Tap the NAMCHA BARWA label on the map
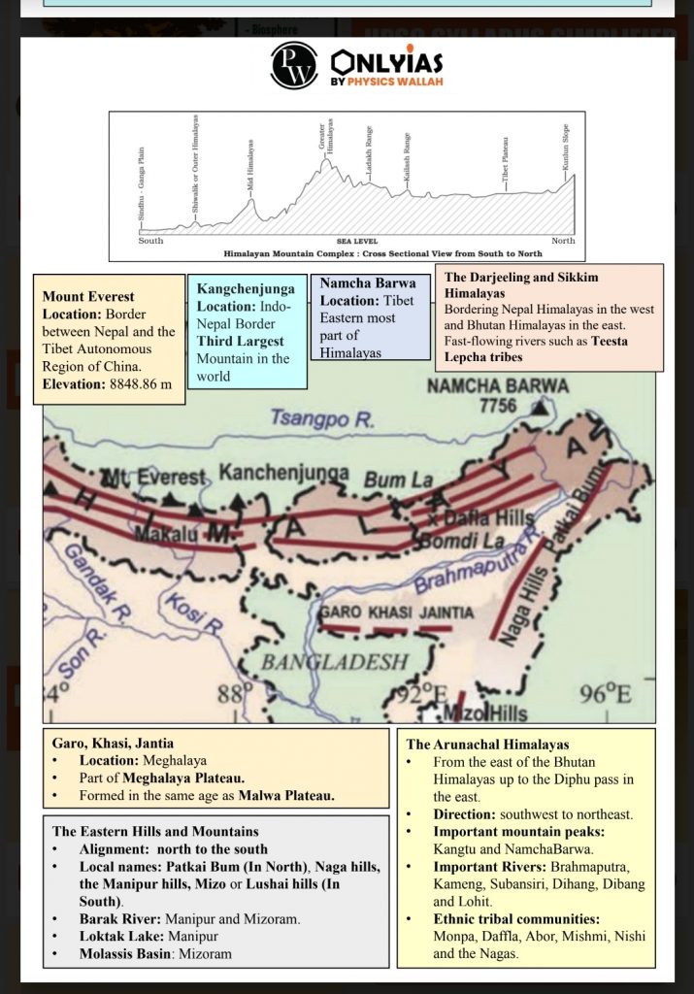(498, 385)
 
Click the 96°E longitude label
(604, 693)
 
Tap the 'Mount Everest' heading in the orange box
(88, 296)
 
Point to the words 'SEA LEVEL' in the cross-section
(357, 241)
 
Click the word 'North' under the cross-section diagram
(563, 241)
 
